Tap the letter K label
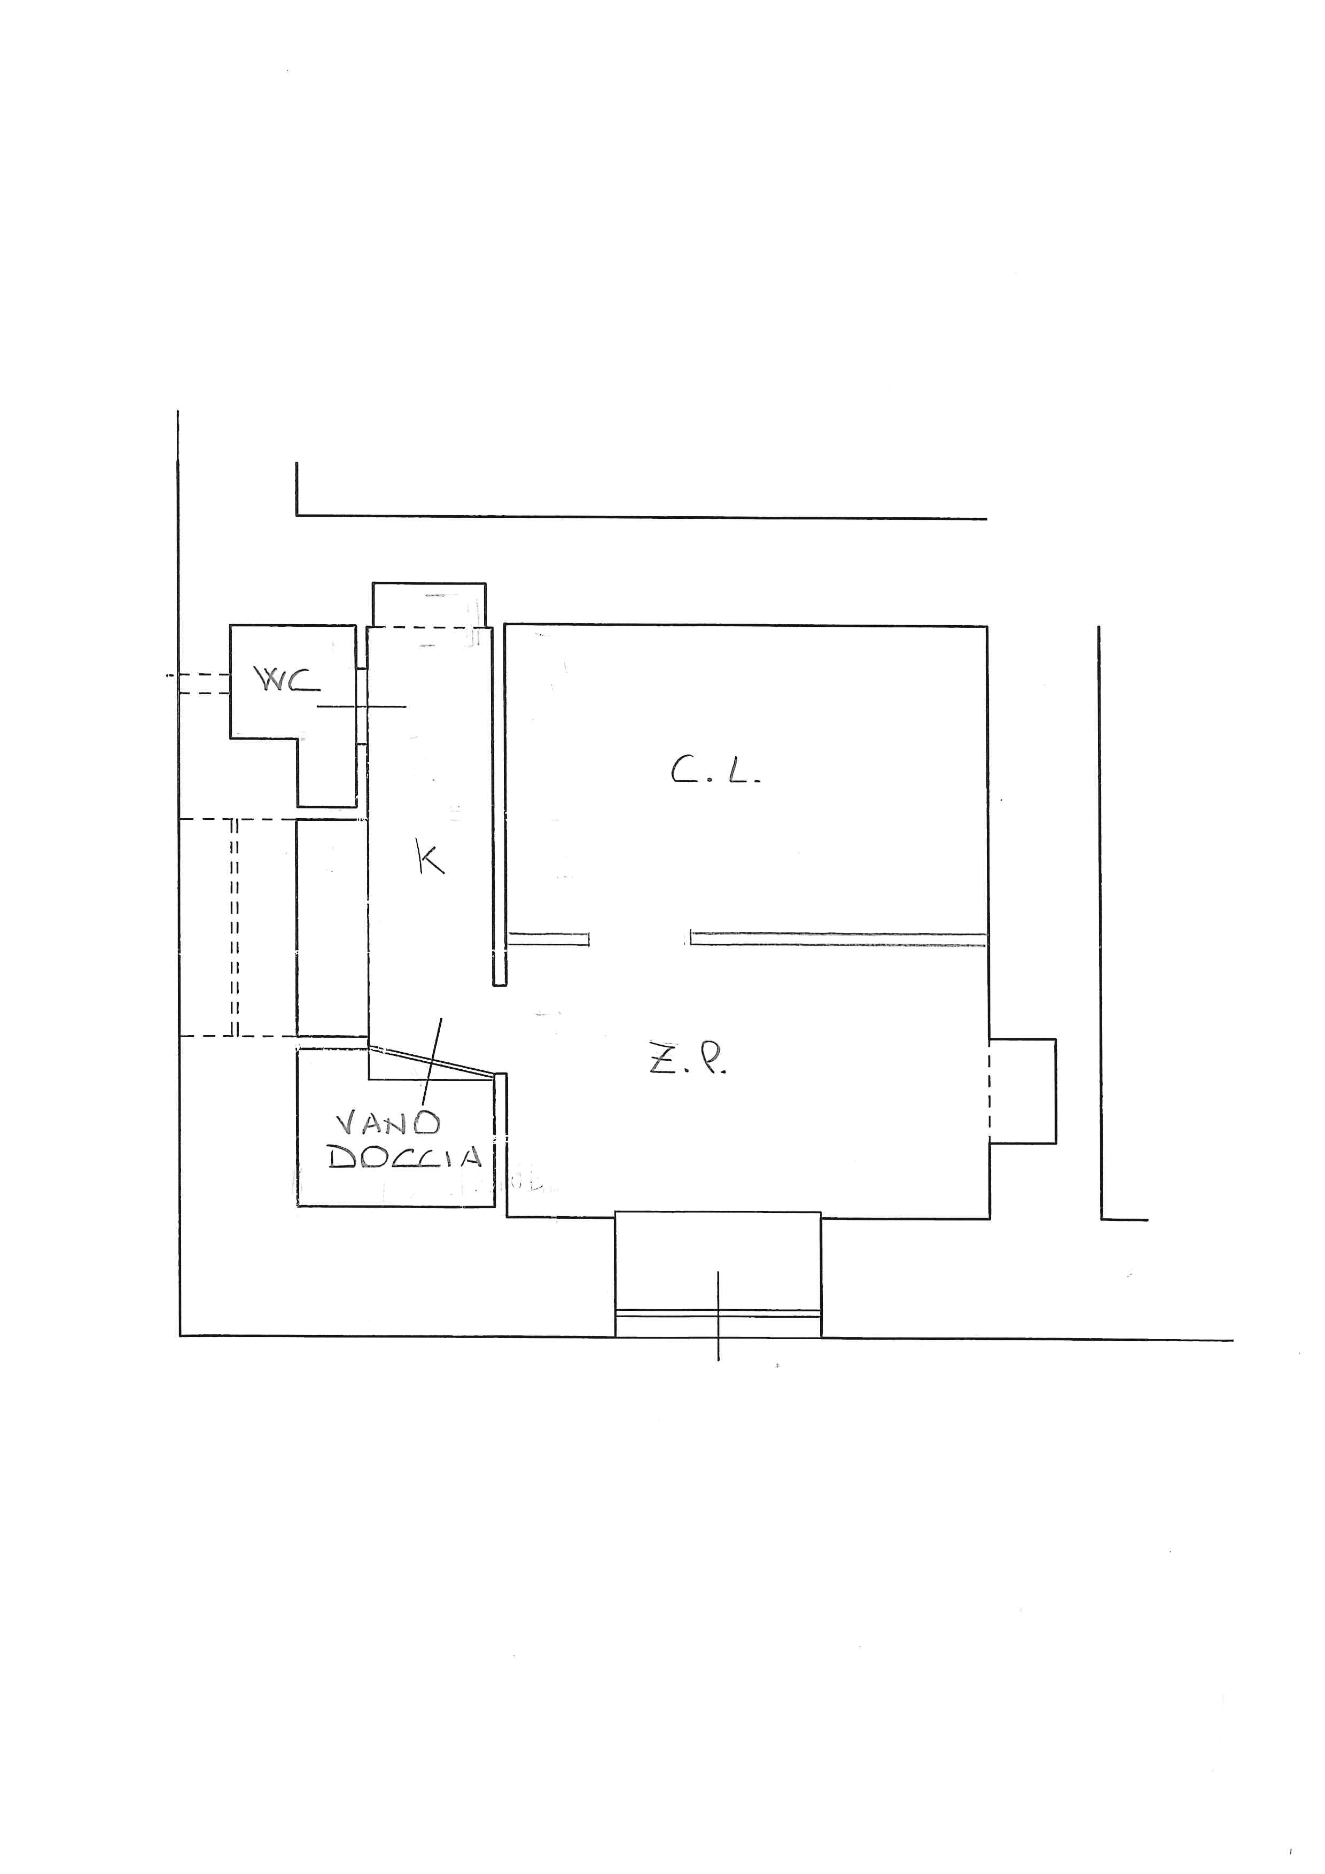click(x=430, y=859)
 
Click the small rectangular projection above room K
click(x=429, y=605)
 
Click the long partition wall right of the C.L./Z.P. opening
click(x=839, y=939)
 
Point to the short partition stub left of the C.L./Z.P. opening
click(x=548, y=939)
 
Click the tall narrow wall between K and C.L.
click(x=500, y=806)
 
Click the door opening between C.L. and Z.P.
click(x=640, y=939)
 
